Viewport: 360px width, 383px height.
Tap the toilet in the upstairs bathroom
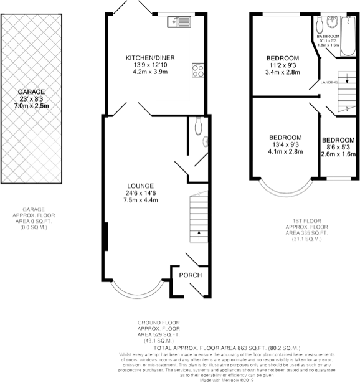coord(319,24)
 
